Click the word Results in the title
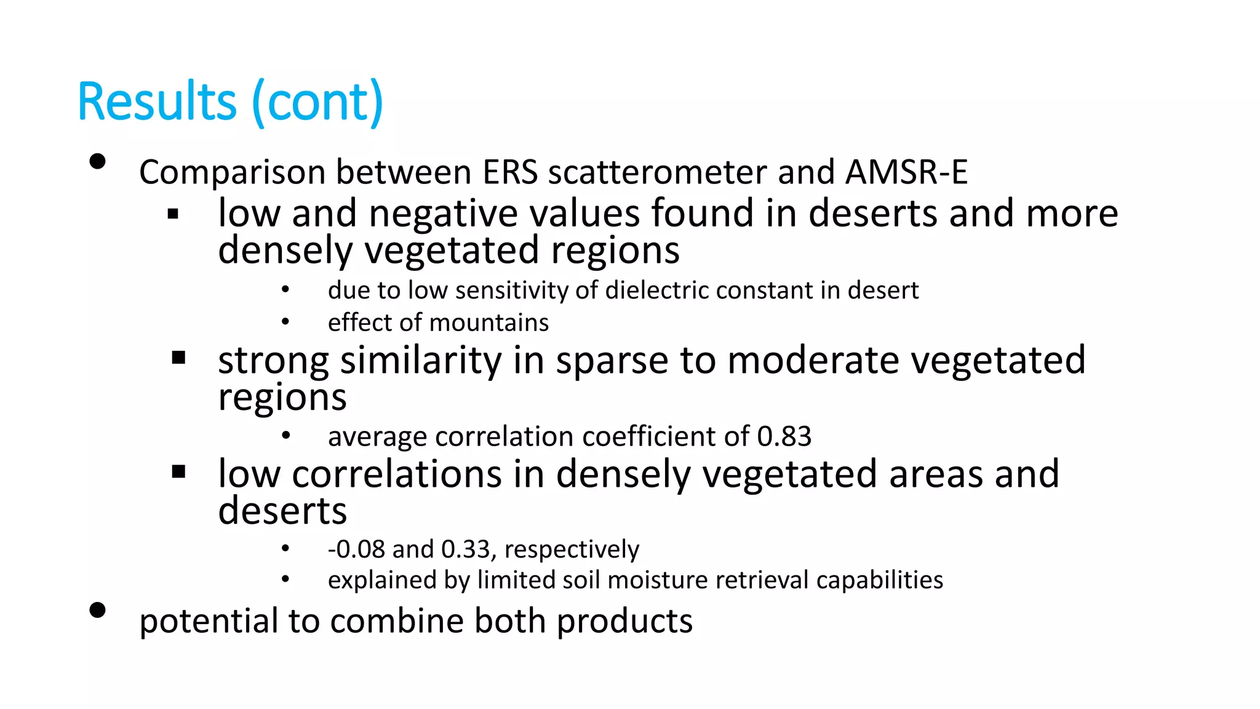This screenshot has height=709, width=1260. click(x=157, y=102)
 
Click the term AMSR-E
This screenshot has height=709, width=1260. click(x=906, y=172)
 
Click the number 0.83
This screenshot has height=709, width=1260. click(x=784, y=436)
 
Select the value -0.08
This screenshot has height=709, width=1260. click(x=356, y=549)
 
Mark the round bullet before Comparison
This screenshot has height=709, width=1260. click(x=97, y=162)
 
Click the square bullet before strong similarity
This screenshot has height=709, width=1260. click(x=179, y=358)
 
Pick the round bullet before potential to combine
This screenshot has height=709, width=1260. click(x=97, y=610)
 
